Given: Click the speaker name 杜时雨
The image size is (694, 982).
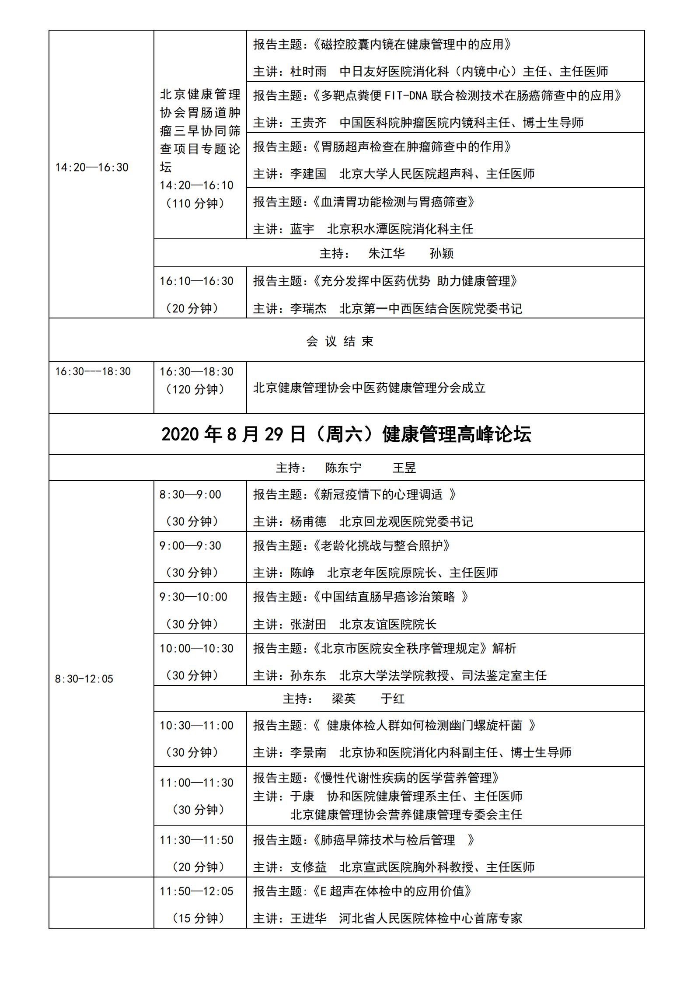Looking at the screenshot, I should (308, 71).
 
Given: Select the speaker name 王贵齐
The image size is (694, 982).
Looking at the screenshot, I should (308, 122).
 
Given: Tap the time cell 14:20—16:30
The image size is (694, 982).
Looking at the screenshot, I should (92, 167).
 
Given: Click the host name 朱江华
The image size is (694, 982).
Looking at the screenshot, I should (387, 253).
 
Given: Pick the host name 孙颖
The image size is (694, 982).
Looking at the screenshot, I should (441, 253).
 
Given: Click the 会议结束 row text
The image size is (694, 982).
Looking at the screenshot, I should (340, 341).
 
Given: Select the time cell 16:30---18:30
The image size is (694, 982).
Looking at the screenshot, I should (93, 371).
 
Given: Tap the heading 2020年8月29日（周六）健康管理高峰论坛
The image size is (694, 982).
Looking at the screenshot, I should (346, 434).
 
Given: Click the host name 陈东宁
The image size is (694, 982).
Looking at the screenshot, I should (343, 468).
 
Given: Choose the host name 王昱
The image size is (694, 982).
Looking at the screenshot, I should (404, 468).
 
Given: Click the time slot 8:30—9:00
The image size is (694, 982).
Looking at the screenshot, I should (190, 494).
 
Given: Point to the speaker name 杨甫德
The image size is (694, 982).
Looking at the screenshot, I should (308, 521).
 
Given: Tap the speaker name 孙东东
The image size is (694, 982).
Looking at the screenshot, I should (308, 675).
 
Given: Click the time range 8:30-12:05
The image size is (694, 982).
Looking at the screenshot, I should (84, 679).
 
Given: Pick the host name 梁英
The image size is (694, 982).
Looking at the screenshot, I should (343, 699).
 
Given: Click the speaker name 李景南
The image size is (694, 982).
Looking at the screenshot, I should (308, 752).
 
